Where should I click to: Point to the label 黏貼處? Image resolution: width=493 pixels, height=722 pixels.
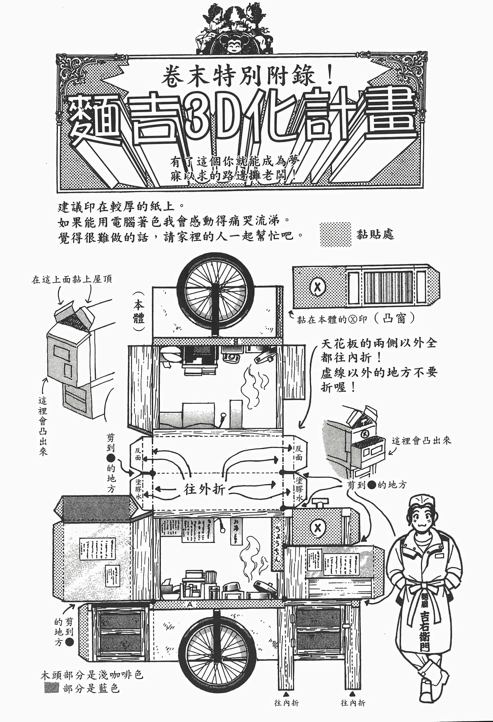[375, 234]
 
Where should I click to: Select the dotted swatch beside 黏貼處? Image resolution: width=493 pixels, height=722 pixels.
[336, 234]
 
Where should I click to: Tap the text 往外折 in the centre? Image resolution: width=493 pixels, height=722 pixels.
[204, 489]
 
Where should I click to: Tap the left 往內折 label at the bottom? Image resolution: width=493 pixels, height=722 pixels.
[287, 703]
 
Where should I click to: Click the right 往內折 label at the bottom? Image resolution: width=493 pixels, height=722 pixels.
[353, 703]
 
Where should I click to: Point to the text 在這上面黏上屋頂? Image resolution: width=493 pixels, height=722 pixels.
[72, 280]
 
